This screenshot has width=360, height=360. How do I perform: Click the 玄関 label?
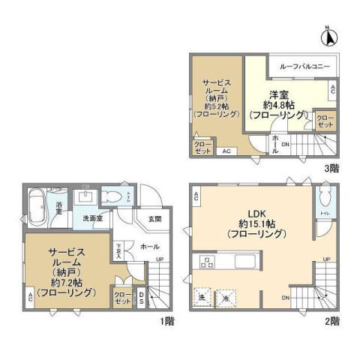click(154, 219)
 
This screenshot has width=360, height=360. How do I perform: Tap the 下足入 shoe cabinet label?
click(118, 250)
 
